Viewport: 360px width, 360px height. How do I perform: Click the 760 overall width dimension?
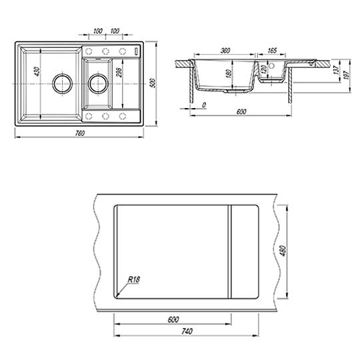[80, 133]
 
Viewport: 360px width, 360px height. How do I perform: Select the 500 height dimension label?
[153, 83]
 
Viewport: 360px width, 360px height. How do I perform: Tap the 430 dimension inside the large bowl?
[37, 71]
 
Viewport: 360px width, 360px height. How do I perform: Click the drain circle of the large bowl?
[63, 83]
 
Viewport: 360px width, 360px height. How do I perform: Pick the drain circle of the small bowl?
[98, 83]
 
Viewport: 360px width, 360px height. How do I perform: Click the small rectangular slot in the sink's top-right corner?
[136, 51]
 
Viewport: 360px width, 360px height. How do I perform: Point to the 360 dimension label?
[225, 51]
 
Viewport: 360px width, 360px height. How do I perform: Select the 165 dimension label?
[272, 51]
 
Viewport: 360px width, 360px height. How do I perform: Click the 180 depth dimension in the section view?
[229, 73]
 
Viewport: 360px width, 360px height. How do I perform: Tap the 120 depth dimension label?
[264, 69]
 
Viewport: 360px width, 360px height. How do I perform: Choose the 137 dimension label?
[337, 70]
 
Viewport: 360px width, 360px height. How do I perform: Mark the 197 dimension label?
[347, 75]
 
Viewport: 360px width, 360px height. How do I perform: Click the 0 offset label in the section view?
[204, 105]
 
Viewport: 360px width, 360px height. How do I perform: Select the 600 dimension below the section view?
[241, 112]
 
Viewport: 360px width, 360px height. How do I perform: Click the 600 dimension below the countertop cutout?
[173, 319]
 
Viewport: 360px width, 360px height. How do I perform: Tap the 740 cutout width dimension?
[187, 331]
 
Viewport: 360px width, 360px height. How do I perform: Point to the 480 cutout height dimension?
[283, 251]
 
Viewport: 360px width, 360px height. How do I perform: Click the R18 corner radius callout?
[133, 279]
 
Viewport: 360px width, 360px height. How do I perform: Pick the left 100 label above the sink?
[98, 31]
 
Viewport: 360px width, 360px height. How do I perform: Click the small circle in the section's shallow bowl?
[271, 66]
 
